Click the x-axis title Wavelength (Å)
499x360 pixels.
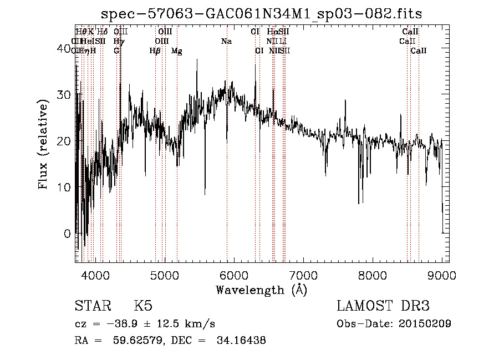pos(261,290)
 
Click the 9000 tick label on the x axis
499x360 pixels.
pos(442,276)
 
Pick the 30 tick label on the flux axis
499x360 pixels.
pos(65,95)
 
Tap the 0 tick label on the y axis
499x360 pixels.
pos(68,234)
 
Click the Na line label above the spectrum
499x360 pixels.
pos(226,41)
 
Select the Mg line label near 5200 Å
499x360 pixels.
pos(176,51)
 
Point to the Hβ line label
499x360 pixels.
pos(155,51)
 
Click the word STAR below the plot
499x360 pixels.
pos(93,306)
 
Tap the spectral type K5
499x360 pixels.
pos(143,306)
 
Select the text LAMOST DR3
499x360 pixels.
pos(383,306)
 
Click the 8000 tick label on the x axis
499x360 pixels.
pos(372,276)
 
